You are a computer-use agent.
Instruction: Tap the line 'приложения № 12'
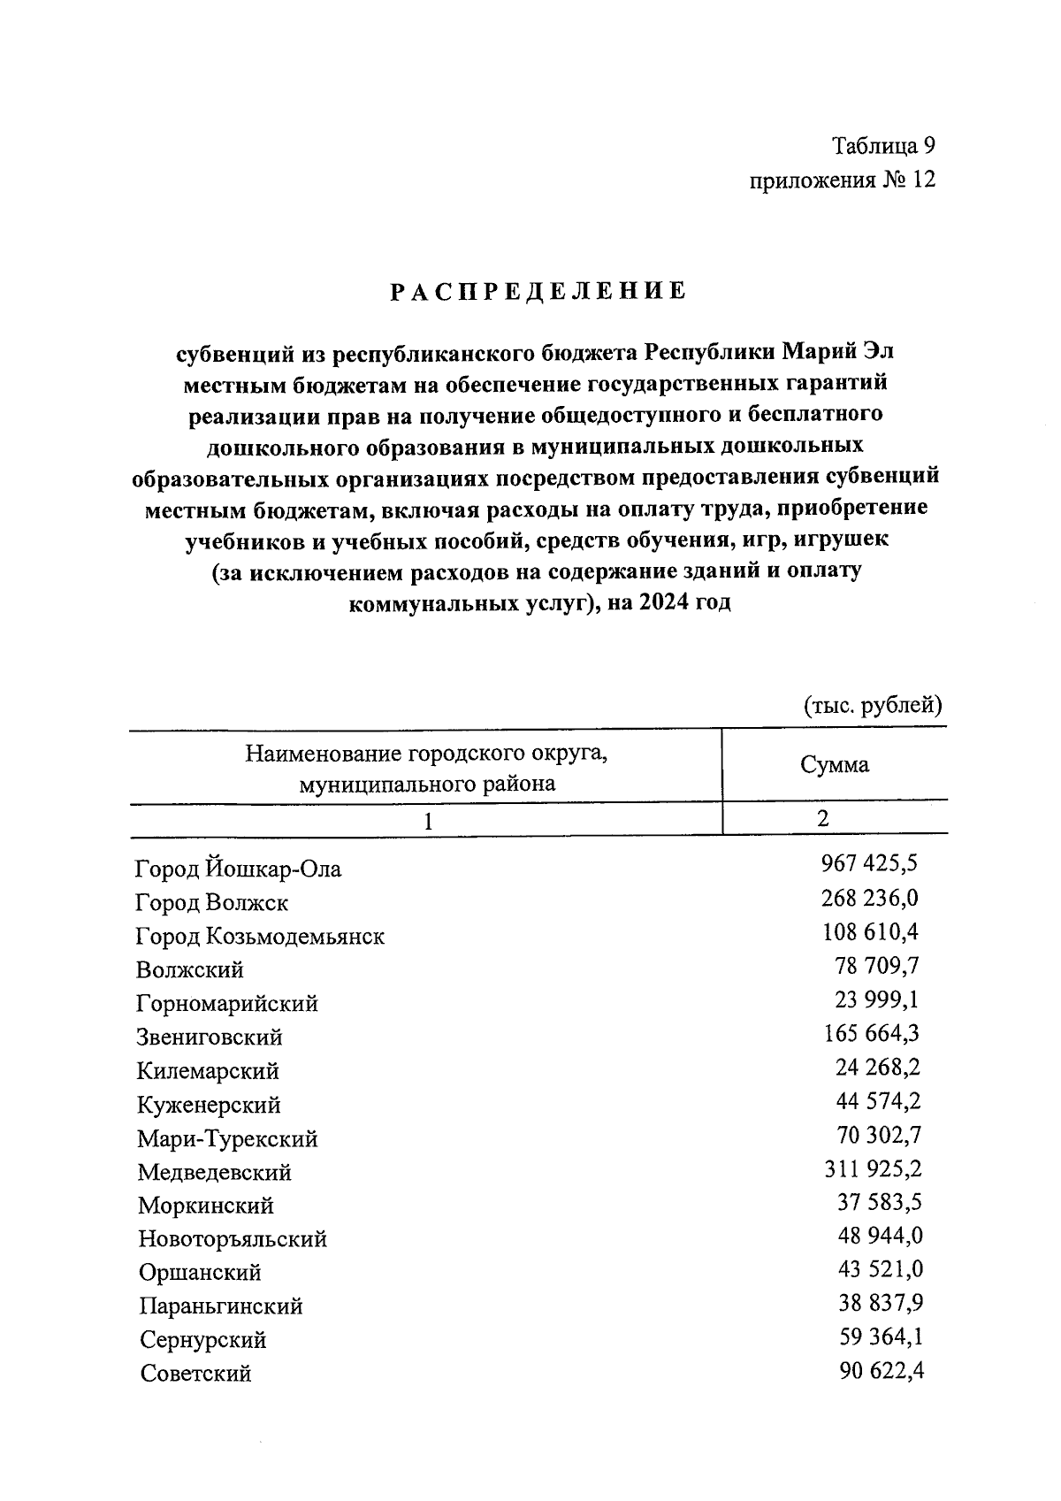tap(842, 180)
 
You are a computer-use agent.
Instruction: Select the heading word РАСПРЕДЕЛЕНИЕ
tap(539, 292)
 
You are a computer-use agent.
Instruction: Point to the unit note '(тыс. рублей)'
tap(873, 705)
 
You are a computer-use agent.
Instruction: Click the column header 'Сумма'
tap(834, 765)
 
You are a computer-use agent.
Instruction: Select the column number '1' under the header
tap(427, 821)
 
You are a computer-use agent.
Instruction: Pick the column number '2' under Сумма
tap(823, 818)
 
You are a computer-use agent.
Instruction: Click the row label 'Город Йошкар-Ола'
tap(238, 869)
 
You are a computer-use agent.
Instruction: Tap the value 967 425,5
tap(870, 863)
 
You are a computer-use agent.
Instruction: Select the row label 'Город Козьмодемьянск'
tap(260, 936)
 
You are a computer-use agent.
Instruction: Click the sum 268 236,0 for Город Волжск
tap(870, 898)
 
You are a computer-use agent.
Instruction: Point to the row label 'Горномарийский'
tap(227, 1004)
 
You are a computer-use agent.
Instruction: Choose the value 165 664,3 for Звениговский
tap(870, 1033)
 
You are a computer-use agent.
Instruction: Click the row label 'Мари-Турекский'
tap(227, 1138)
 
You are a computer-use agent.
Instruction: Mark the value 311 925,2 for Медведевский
tap(872, 1168)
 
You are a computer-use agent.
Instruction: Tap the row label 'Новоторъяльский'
tap(233, 1238)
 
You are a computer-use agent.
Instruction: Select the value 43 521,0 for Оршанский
tap(880, 1269)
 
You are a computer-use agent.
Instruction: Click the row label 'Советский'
tap(195, 1374)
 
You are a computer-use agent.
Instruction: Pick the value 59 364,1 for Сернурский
tap(880, 1336)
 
